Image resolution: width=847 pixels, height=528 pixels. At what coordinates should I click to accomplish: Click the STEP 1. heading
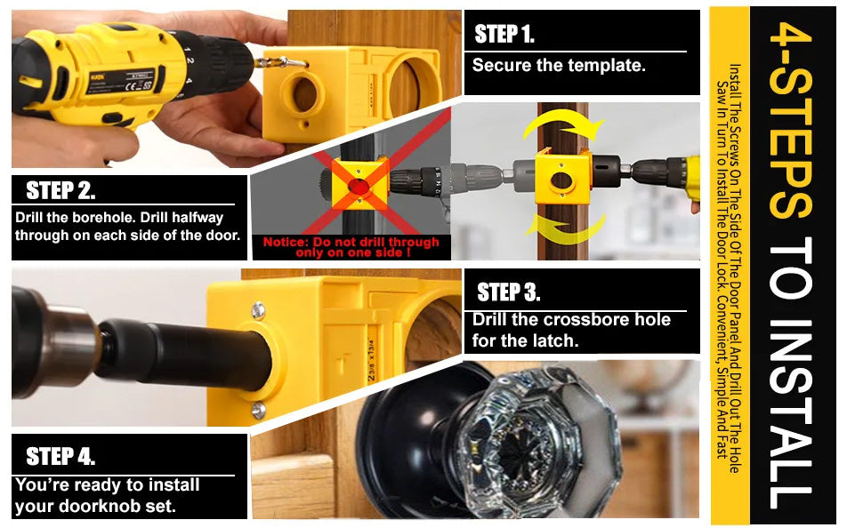point(504,35)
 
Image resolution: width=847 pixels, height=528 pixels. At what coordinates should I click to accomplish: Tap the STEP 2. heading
point(60,190)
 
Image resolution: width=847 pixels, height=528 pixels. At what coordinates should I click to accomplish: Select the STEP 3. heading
point(508,292)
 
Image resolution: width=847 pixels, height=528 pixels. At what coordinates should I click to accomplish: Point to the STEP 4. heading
point(60,457)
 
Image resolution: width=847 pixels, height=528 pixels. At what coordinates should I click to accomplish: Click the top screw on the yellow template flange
point(257,310)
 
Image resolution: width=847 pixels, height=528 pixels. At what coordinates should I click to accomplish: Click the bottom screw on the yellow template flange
point(257,410)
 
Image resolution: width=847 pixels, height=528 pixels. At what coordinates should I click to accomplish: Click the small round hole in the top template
point(305,93)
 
